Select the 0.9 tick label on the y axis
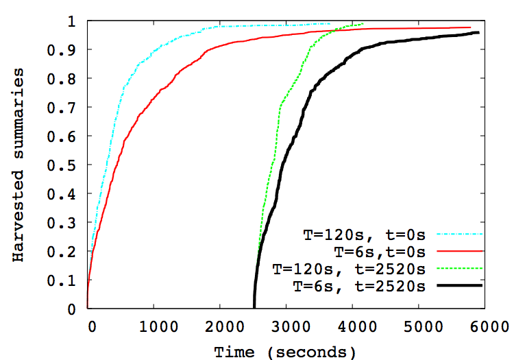point(67,50)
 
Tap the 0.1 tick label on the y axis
point(67,280)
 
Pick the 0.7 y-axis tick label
point(67,108)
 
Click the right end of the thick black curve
point(478,32)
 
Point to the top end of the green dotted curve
point(363,24)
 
